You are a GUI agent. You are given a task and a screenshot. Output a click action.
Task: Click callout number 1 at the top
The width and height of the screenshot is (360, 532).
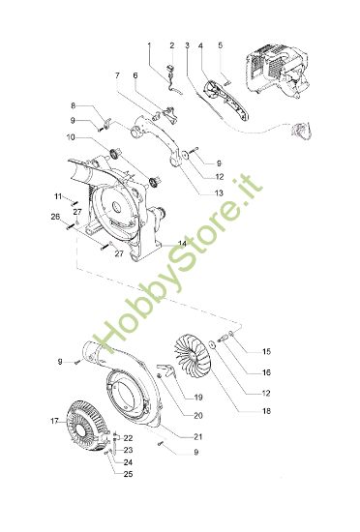coord(149,45)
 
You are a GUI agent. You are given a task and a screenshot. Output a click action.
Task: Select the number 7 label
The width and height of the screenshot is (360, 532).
coord(117,74)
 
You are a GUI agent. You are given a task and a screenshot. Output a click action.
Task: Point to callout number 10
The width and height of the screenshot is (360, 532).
coord(71,138)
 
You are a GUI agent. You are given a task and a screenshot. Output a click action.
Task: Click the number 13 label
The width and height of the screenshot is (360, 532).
coord(219,192)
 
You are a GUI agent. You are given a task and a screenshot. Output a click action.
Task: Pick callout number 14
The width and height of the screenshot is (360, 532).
coord(182,242)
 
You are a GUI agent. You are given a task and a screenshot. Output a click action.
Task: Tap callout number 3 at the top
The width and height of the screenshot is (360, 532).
coord(186,45)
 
